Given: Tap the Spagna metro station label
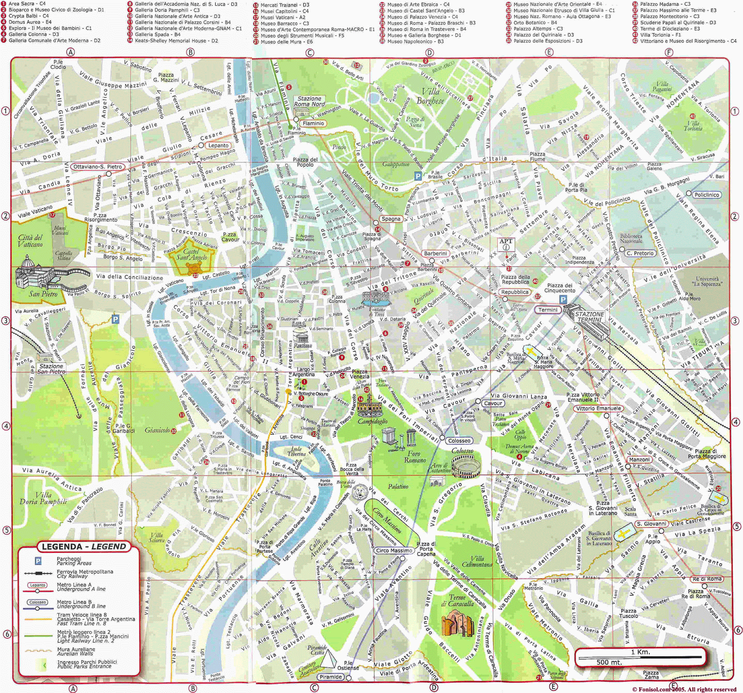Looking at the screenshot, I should click(391, 219).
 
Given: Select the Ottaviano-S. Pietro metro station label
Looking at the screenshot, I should click(98, 166).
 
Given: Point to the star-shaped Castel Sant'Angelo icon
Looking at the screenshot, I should click(194, 268).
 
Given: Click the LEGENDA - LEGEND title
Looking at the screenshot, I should click(84, 547).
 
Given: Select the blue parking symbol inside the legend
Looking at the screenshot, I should click(38, 561).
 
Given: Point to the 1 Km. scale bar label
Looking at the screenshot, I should click(641, 652).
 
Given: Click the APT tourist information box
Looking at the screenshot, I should click(506, 244).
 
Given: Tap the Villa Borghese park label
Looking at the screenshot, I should click(430, 96).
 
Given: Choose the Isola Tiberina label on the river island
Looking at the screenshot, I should click(297, 451).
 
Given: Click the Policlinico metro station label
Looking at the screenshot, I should click(706, 195).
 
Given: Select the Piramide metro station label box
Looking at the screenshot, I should click(331, 676).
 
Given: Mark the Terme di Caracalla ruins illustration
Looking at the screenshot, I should click(457, 622).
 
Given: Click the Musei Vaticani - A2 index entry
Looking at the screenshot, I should click(283, 17).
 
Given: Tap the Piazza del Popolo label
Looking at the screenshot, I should click(305, 162).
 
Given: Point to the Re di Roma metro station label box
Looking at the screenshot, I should click(707, 579).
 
